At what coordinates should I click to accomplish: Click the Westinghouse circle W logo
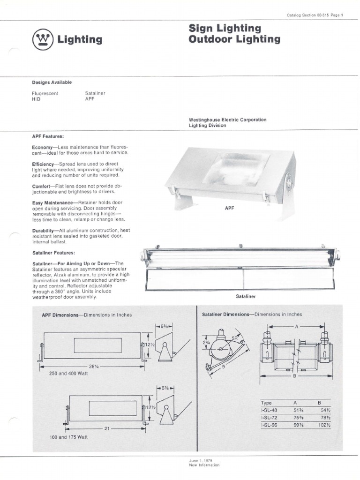pyautogui.click(x=42, y=39)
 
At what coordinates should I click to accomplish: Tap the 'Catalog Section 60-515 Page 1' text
pyautogui.click(x=315, y=15)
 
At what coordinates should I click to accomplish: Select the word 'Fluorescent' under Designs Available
pyautogui.click(x=45, y=93)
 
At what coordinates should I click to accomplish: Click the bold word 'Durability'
pyautogui.click(x=45, y=231)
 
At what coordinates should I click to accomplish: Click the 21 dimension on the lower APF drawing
pyautogui.click(x=106, y=427)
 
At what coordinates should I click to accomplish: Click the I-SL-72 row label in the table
pyautogui.click(x=269, y=417)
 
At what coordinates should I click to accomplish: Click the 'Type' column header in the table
pyautogui.click(x=266, y=402)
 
